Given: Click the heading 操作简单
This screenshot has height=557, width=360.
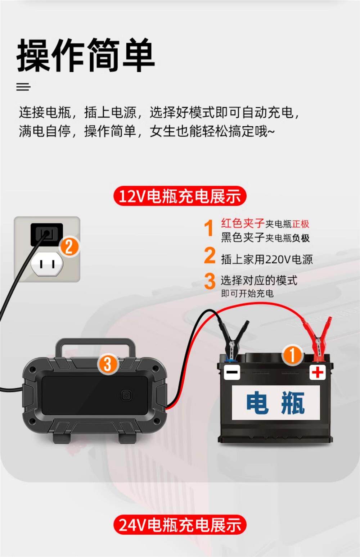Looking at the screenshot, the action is click(x=86, y=55).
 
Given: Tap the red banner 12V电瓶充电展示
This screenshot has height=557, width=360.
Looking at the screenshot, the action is click(x=180, y=196).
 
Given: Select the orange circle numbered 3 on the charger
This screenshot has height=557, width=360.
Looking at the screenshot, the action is click(x=108, y=364).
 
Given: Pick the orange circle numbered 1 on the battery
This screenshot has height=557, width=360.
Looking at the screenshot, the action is click(x=292, y=355).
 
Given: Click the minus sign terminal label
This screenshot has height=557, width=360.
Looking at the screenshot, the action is click(x=232, y=372).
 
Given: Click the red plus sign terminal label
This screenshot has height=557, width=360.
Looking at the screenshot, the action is click(x=318, y=372).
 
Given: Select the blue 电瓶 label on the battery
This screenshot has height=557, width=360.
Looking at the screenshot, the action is click(x=276, y=403).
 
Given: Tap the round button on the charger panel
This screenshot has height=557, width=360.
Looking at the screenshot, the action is click(x=126, y=395).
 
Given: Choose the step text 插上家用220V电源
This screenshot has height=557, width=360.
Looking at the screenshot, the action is click(x=267, y=259).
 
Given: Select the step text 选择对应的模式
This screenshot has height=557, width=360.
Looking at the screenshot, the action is click(x=259, y=281).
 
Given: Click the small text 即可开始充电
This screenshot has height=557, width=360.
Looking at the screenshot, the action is click(x=247, y=293).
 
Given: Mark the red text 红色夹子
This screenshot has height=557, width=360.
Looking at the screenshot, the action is click(x=243, y=223).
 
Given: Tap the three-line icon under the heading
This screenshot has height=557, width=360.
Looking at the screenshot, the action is click(x=23, y=87).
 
